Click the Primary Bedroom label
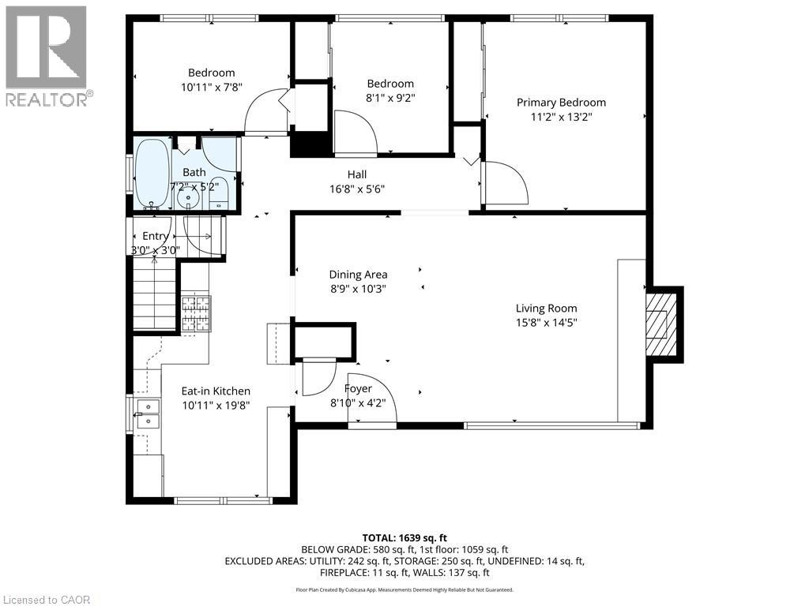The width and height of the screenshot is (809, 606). [x=562, y=103]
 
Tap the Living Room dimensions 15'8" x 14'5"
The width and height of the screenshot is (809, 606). [x=547, y=323]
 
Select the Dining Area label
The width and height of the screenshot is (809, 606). [x=358, y=275]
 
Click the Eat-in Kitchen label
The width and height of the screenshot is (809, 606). [x=216, y=391]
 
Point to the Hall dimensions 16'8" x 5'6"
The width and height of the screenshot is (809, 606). [x=357, y=189]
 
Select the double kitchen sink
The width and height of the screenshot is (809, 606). [x=148, y=414]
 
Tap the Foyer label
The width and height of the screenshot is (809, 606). [x=358, y=388]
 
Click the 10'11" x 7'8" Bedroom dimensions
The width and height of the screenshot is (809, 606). [x=212, y=87]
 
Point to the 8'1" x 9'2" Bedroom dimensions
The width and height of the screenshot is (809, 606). [x=390, y=98]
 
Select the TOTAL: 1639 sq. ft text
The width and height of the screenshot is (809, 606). [x=404, y=538]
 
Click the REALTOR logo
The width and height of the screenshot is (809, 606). [x=47, y=56]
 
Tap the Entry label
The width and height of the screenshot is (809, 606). [x=156, y=236]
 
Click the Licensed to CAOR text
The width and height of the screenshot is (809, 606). [x=45, y=600]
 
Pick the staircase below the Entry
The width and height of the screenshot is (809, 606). [x=155, y=293]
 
